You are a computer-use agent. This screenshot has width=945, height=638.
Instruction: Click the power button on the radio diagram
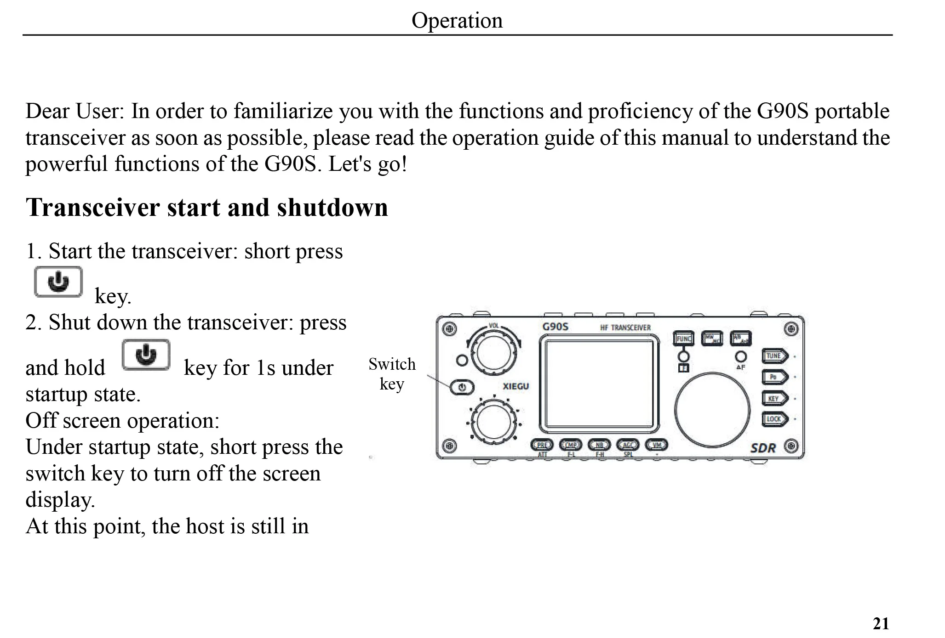tap(462, 387)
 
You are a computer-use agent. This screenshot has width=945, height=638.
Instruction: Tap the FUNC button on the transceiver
tap(684, 339)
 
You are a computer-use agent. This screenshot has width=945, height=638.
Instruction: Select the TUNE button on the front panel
tap(774, 356)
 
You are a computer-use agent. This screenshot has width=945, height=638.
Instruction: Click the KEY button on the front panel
tap(774, 398)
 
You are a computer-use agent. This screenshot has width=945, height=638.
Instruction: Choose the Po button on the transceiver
tap(774, 377)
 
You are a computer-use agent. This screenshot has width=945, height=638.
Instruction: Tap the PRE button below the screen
tap(542, 445)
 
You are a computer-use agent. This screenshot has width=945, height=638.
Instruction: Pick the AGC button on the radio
tap(628, 445)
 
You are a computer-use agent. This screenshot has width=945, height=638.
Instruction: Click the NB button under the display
tap(599, 445)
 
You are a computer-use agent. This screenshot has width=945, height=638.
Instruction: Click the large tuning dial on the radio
tap(712, 409)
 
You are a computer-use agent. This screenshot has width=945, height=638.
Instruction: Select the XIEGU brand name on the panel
tap(515, 386)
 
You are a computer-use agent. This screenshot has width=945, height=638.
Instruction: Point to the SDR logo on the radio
tap(763, 448)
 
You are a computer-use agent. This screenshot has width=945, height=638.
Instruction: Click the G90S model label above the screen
tap(555, 327)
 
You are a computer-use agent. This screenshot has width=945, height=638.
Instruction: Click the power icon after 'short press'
tap(58, 282)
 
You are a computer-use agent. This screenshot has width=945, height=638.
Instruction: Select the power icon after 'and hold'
tap(146, 355)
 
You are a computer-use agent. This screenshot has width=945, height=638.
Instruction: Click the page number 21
tap(881, 624)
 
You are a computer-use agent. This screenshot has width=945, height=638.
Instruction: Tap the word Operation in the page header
tap(457, 20)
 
